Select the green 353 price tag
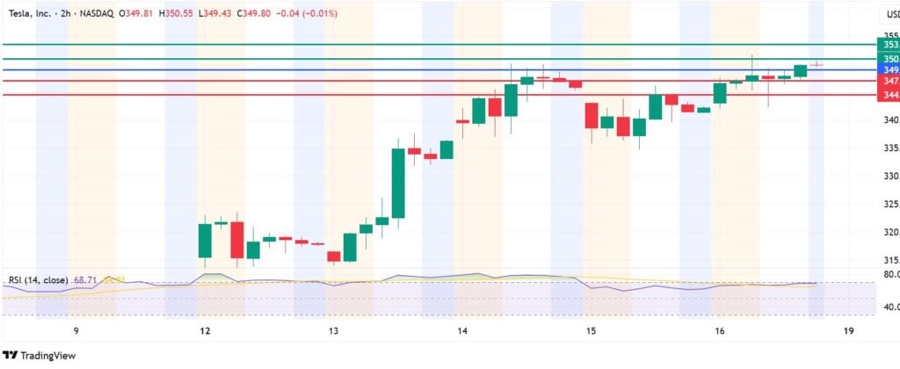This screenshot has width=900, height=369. tap(889, 44)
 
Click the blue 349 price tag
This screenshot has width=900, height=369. tap(889, 69)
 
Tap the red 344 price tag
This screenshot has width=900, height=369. tap(889, 94)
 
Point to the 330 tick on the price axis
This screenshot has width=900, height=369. tap(889, 177)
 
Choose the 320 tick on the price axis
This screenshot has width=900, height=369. tap(889, 233)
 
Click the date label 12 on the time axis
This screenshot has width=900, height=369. tap(205, 331)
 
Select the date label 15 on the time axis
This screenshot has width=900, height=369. tap(592, 331)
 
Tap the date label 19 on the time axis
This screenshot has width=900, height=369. tap(848, 331)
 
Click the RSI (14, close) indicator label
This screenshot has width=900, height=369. tap(36, 280)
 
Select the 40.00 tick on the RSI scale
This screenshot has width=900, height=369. tap(889, 307)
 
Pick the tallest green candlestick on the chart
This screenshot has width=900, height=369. tap(398, 183)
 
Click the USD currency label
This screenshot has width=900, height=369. tap(889, 15)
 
